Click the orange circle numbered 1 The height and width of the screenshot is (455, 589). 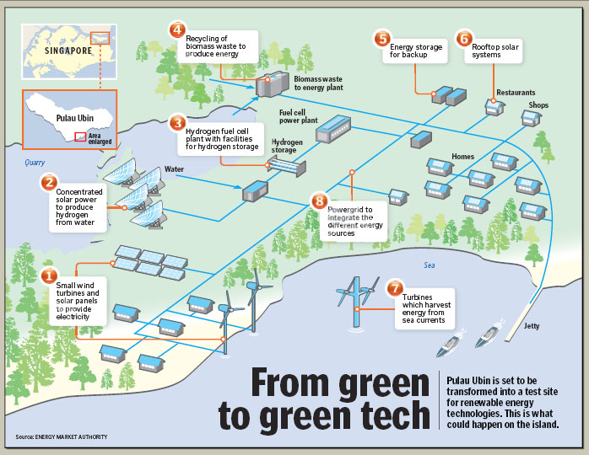click(x=50, y=275)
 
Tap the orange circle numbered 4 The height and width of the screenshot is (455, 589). click(x=176, y=31)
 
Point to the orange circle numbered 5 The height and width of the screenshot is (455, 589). click(x=382, y=39)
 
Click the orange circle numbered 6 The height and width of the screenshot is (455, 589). click(x=462, y=39)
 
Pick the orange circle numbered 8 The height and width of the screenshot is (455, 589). click(x=318, y=201)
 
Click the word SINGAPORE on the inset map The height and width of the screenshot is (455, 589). click(x=63, y=51)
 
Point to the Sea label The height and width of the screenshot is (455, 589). click(x=430, y=265)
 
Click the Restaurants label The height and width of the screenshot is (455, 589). click(x=516, y=92)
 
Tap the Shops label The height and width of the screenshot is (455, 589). click(x=538, y=105)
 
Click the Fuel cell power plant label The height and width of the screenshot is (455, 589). click(x=298, y=115)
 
